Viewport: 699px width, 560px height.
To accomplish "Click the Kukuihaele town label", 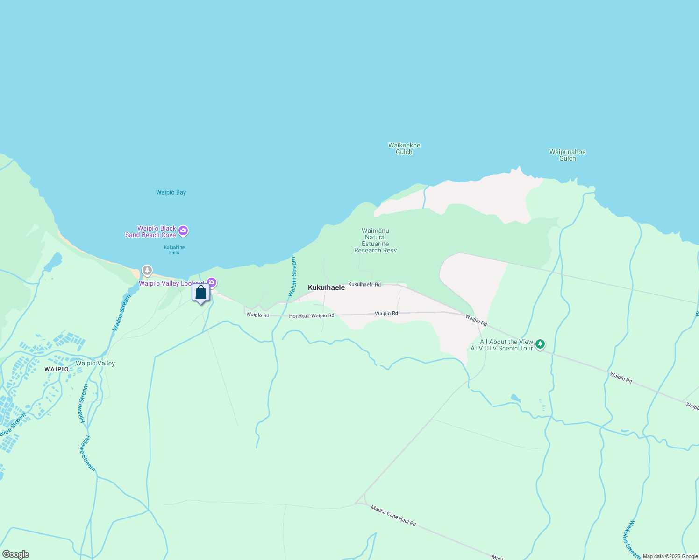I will pyautogui.click(x=326, y=288).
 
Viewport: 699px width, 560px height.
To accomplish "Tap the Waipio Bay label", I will pyautogui.click(x=171, y=192).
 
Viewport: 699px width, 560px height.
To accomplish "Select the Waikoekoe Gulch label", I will pyautogui.click(x=404, y=148).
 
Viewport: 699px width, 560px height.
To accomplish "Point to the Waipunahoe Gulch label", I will pyautogui.click(x=567, y=155).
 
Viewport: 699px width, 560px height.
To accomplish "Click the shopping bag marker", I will pyautogui.click(x=201, y=293).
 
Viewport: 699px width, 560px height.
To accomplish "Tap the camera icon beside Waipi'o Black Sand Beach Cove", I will pyautogui.click(x=183, y=231).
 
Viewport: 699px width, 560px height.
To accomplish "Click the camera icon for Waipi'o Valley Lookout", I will pyautogui.click(x=212, y=282).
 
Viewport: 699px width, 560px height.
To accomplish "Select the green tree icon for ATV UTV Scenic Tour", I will pyautogui.click(x=540, y=344).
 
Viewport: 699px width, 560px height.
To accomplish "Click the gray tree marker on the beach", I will pyautogui.click(x=147, y=270).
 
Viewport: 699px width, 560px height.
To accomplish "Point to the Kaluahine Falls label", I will pyautogui.click(x=174, y=250).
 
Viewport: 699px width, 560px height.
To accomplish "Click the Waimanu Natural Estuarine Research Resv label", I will pyautogui.click(x=375, y=240).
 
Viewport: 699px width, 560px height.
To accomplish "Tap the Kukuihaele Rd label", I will pyautogui.click(x=364, y=284).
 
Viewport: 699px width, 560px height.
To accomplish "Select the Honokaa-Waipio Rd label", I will pyautogui.click(x=312, y=316).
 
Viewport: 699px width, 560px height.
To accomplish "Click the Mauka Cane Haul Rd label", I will pyautogui.click(x=393, y=516).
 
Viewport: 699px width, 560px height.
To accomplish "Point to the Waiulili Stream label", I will pyautogui.click(x=292, y=277).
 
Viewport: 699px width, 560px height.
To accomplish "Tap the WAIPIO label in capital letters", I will pyautogui.click(x=57, y=369).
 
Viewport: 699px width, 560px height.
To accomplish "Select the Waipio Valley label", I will pyautogui.click(x=95, y=363).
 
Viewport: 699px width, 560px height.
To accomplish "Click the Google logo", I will pyautogui.click(x=16, y=554).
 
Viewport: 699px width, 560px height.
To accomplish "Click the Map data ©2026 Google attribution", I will pyautogui.click(x=670, y=556).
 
